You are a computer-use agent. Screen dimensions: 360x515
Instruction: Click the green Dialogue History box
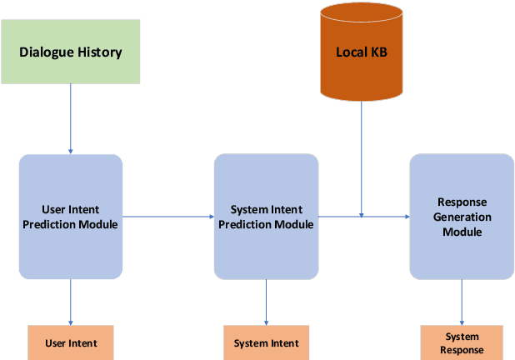pos(71,52)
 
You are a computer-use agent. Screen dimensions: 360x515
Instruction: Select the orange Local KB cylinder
pos(361,52)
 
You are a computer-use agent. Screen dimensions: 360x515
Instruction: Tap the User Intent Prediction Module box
pos(71,216)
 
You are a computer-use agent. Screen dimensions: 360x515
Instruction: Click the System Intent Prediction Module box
pos(266,216)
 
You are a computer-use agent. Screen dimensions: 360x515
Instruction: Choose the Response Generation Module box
pos(461,216)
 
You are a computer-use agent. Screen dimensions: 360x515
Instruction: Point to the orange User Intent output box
pos(71,342)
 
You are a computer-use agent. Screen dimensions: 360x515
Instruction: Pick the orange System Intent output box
pos(266,342)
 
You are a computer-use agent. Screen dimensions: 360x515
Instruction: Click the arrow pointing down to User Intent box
pos(71,302)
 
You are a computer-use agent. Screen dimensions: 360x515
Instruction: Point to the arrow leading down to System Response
pos(461,302)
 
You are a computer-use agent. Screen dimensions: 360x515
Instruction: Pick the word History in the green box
pos(100,52)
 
